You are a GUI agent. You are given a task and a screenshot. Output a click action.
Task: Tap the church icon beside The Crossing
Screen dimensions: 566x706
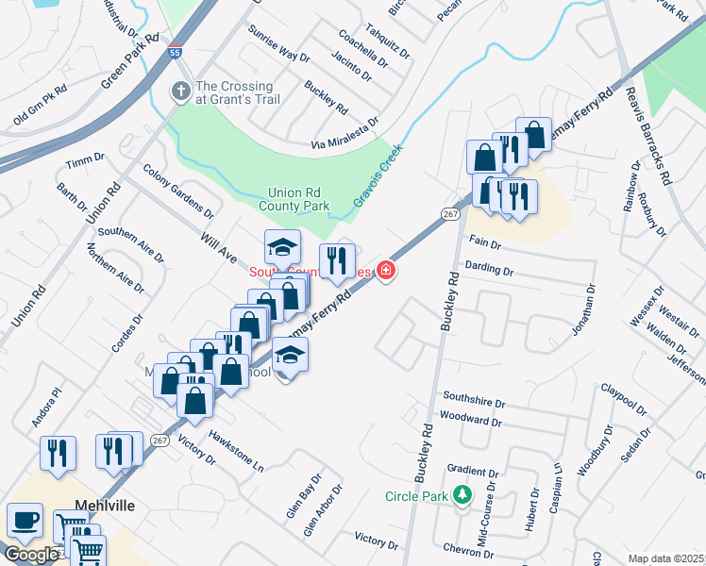coord(180,92)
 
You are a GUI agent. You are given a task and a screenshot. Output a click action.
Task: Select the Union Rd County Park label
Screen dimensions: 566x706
coord(298,198)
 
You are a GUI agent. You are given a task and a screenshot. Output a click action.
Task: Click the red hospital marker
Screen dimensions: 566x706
coord(386,272)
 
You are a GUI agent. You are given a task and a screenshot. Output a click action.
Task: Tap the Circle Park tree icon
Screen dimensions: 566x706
coord(462,493)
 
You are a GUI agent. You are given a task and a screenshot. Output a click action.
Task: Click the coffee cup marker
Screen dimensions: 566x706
coord(25,520)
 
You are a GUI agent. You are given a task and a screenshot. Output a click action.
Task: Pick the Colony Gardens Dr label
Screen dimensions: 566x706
coord(178,191)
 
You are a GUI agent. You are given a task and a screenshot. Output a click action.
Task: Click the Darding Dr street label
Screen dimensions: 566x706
coord(489,269)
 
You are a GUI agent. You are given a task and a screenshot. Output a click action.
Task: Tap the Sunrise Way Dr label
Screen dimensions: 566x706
coord(278,43)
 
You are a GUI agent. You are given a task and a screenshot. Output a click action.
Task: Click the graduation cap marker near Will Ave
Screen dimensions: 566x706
coord(282,247)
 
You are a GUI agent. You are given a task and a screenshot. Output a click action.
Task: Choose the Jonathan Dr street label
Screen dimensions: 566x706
coord(585,310)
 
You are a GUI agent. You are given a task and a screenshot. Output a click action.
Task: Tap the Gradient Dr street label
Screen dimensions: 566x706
coord(473,472)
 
